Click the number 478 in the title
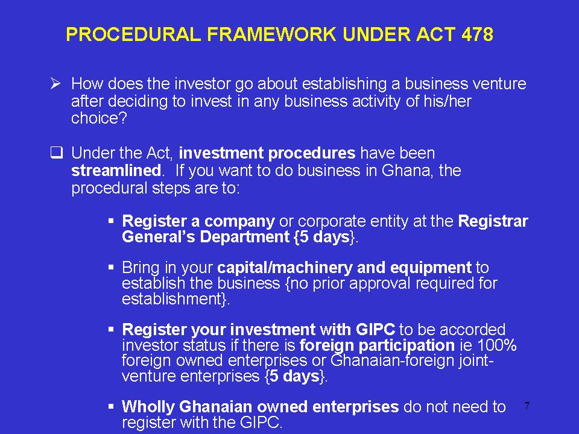477,34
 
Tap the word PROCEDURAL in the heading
133,34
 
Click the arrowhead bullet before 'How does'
55,84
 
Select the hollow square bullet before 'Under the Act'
57,153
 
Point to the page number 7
527,406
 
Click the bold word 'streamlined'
116,171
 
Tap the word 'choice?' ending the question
99,118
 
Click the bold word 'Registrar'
493,221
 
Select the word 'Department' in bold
244,237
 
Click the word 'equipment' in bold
431,268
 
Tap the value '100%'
497,345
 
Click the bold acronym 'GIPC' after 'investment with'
375,330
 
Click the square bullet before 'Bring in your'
111,267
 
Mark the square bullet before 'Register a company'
111,221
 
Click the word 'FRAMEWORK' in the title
271,34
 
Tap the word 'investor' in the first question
203,84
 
